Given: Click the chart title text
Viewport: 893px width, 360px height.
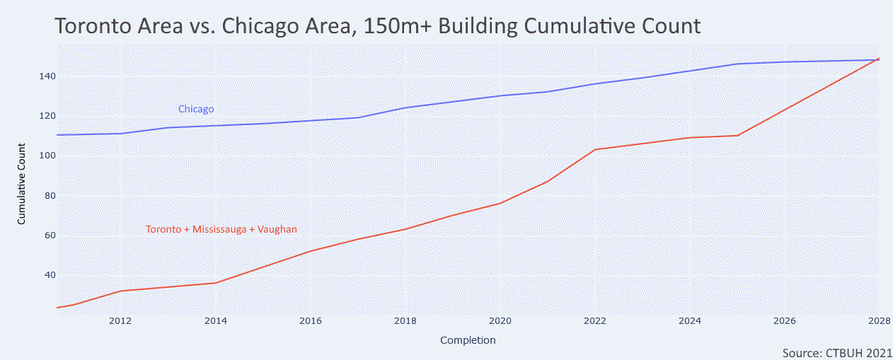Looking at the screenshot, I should pyautogui.click(x=377, y=26).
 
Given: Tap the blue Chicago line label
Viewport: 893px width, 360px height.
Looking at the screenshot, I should pyautogui.click(x=196, y=109).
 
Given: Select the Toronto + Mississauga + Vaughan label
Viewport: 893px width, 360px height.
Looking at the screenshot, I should pyautogui.click(x=221, y=229).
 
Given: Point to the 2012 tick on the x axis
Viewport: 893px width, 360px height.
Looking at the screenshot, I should pyautogui.click(x=120, y=320).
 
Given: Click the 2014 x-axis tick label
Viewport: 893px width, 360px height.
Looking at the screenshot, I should pyautogui.click(x=215, y=320).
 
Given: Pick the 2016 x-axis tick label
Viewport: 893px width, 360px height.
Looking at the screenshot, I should pyautogui.click(x=310, y=320).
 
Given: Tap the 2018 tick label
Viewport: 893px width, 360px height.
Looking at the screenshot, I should pyautogui.click(x=405, y=320).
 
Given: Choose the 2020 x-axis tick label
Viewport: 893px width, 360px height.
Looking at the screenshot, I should pyautogui.click(x=500, y=320).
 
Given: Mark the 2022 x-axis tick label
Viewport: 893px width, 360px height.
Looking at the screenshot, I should pyautogui.click(x=595, y=320).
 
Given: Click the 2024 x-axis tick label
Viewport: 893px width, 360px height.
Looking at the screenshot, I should pyautogui.click(x=690, y=320).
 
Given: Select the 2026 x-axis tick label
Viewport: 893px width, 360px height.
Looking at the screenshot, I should pyautogui.click(x=785, y=320).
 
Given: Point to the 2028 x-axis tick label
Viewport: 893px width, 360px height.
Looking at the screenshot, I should pyautogui.click(x=878, y=320).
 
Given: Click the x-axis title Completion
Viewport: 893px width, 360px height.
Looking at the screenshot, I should pyautogui.click(x=468, y=340).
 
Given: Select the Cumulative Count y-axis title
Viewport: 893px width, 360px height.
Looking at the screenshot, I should pyautogui.click(x=22, y=183).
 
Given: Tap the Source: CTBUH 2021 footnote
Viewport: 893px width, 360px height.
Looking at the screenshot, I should pyautogui.click(x=837, y=352).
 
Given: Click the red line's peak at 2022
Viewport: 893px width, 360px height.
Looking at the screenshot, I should pyautogui.click(x=595, y=149).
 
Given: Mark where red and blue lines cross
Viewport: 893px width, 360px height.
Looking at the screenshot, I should pyautogui.click(x=877, y=60).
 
